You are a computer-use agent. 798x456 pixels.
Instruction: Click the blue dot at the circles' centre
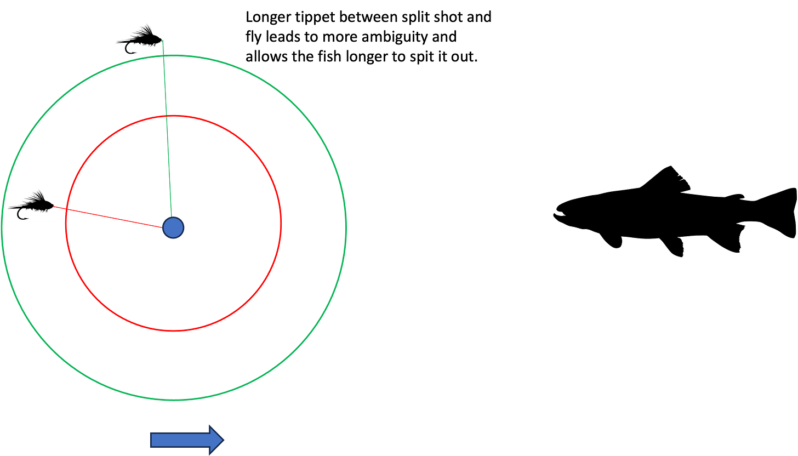(x=173, y=227)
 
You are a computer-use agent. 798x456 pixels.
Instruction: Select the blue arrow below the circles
(x=186, y=440)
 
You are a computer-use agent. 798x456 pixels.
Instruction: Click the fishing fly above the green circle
(x=140, y=39)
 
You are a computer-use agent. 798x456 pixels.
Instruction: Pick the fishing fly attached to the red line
(x=32, y=206)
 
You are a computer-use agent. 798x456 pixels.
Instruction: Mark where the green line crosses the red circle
(x=166, y=116)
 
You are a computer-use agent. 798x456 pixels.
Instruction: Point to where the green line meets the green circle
(x=163, y=55)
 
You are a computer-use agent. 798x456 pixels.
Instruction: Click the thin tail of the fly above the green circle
(x=119, y=42)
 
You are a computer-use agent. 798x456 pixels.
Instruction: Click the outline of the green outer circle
(x=347, y=227)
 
